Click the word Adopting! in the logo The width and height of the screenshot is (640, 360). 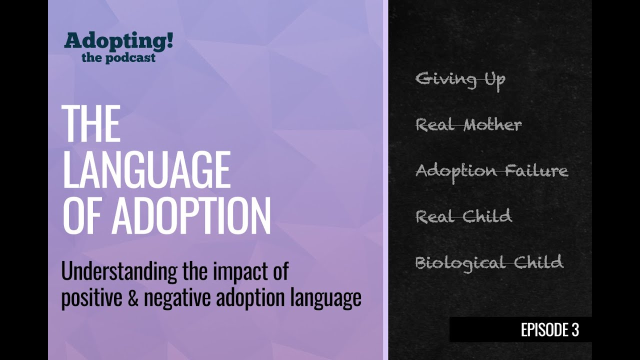(118, 41)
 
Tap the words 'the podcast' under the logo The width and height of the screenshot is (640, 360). (118, 57)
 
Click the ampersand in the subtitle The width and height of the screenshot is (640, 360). (133, 298)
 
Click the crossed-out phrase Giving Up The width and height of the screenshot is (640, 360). (460, 79)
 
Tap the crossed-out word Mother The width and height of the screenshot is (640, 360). (492, 124)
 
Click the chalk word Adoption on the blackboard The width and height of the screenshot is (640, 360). (456, 171)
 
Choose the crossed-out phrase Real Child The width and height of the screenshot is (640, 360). (463, 216)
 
